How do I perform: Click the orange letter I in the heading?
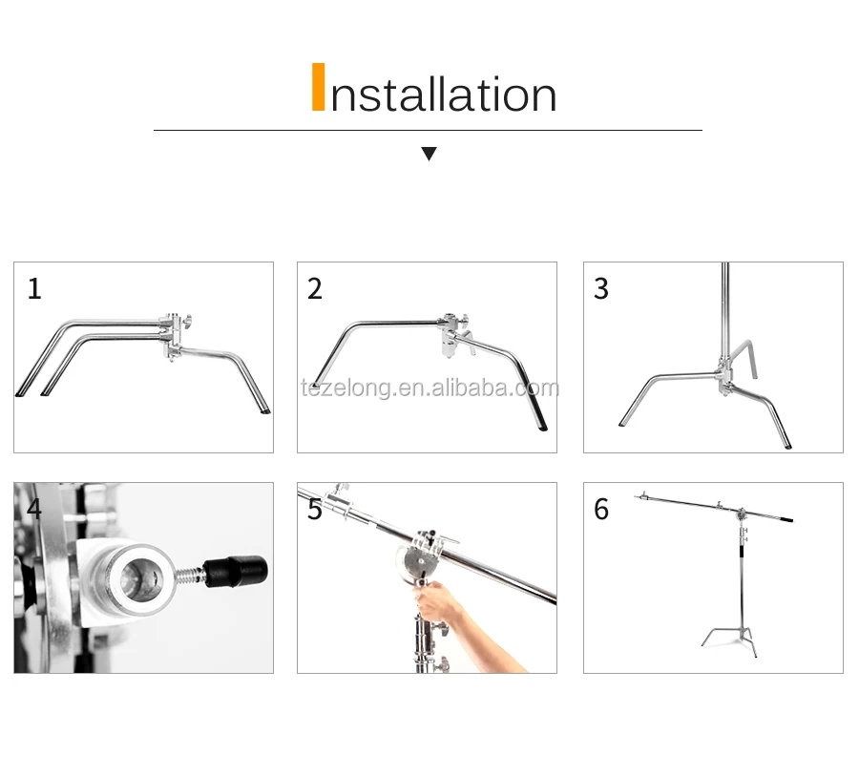click(x=318, y=87)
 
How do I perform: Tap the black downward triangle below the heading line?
click(x=429, y=154)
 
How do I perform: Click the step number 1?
click(x=34, y=288)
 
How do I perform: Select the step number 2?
click(x=314, y=288)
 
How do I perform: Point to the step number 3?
click(x=601, y=288)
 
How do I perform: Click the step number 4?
click(x=34, y=509)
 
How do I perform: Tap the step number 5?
click(x=314, y=509)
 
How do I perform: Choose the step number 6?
click(x=601, y=509)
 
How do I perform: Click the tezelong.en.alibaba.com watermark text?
click(x=429, y=388)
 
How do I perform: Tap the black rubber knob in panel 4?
click(x=236, y=571)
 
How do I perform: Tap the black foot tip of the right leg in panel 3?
click(x=787, y=446)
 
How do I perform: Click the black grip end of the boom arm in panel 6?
click(x=786, y=518)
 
